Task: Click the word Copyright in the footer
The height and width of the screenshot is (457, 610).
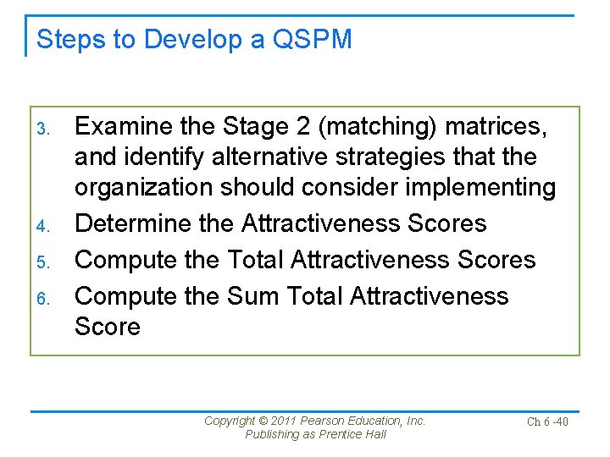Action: pos(231,421)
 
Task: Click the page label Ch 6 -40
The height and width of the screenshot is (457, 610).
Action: pos(547,421)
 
